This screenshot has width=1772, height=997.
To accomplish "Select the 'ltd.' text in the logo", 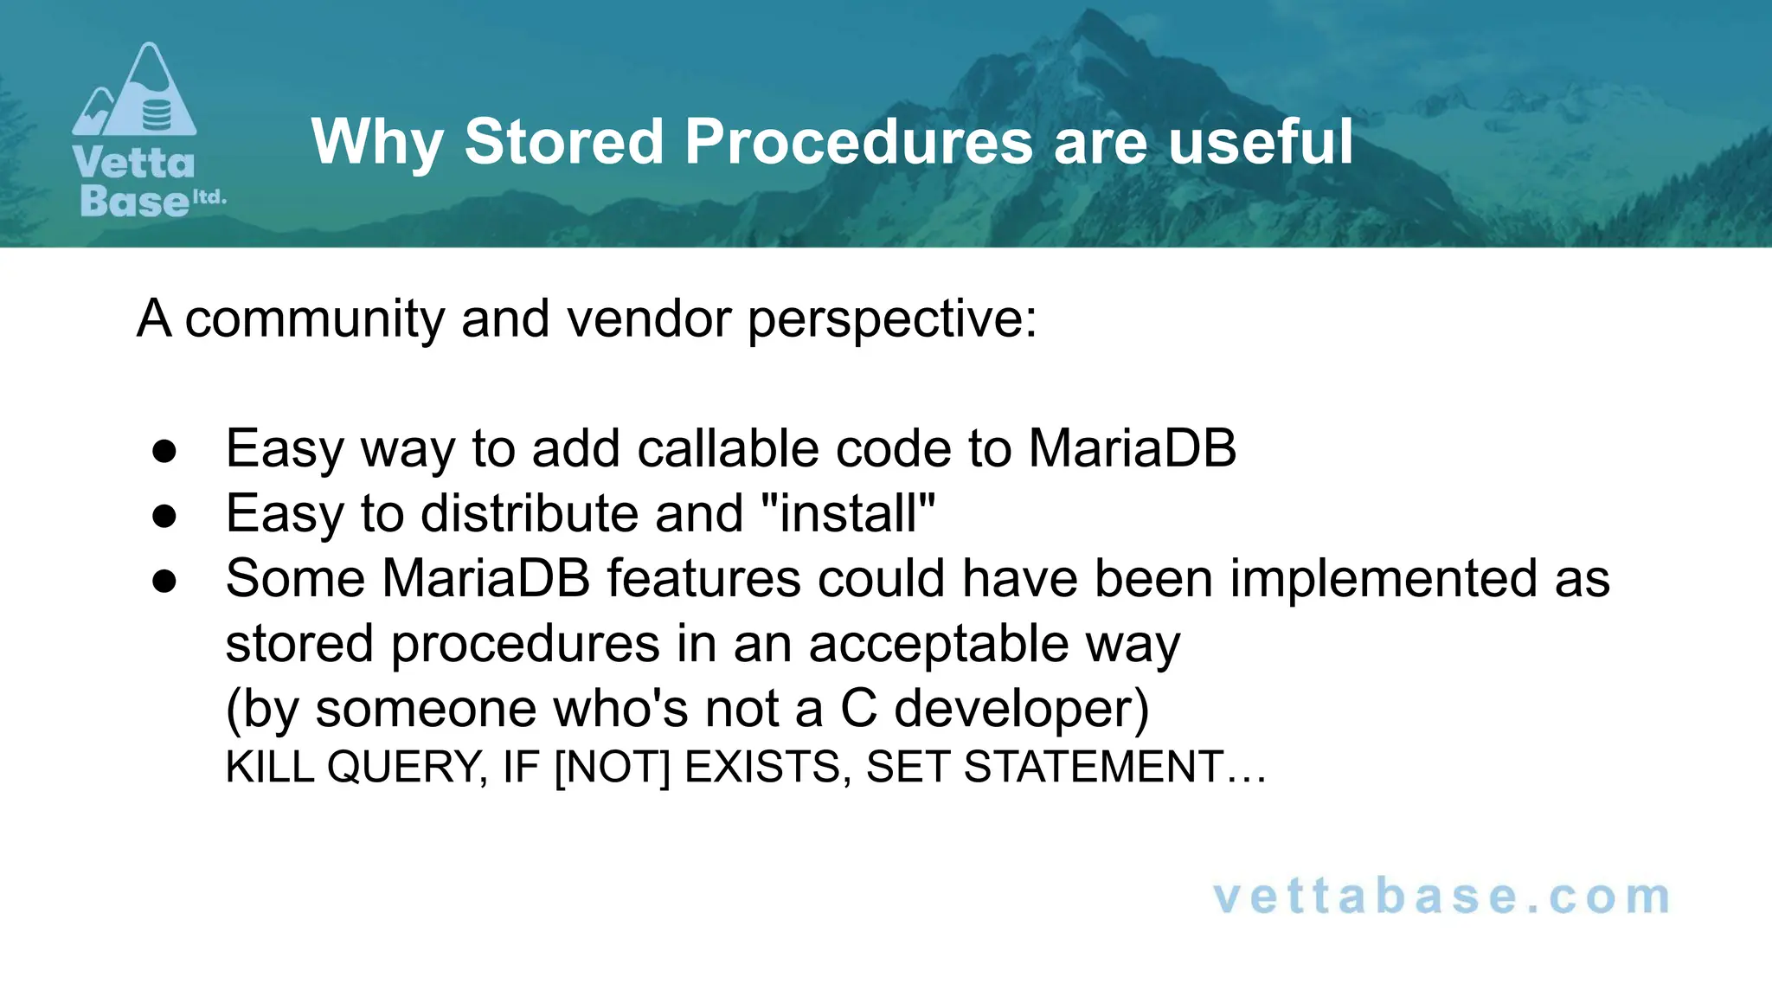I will [209, 197].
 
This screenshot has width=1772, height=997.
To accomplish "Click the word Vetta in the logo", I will [134, 164].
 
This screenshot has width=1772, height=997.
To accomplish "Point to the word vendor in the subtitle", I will [649, 318].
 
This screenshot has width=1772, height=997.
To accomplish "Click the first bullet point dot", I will [164, 451].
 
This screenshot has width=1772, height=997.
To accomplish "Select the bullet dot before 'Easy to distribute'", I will [164, 516].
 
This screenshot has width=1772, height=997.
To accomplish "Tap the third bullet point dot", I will [164, 581].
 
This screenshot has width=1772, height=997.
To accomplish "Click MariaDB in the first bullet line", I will [1132, 449].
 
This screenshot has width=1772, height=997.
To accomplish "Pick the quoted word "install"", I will [848, 514].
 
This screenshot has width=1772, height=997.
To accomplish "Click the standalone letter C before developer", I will [858, 709].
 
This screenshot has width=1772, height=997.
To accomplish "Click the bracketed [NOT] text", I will [612, 768].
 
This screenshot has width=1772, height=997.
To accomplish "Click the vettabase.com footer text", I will [1441, 897].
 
